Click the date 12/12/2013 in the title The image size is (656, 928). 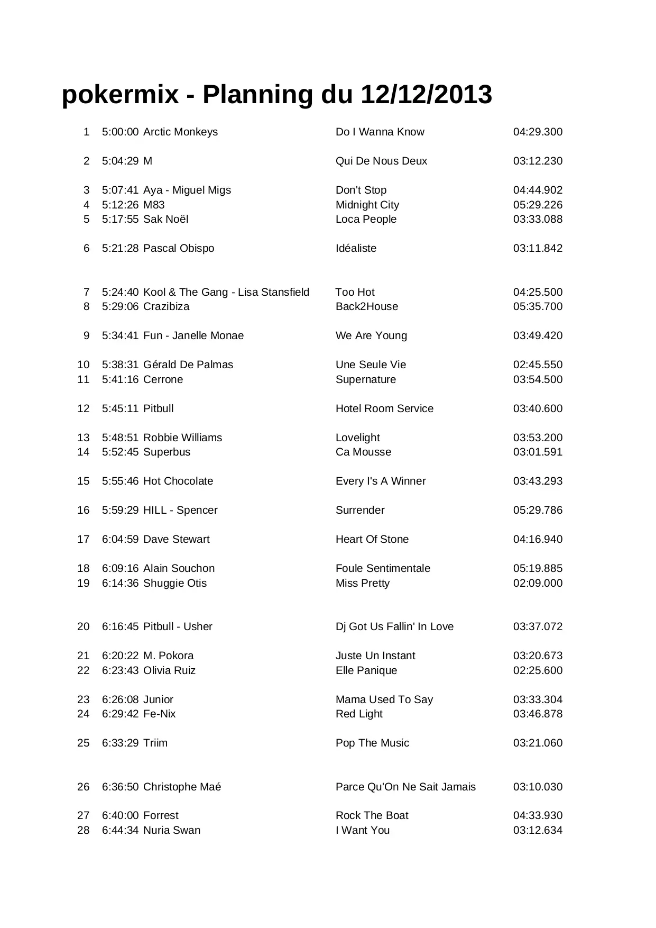pyautogui.click(x=426, y=95)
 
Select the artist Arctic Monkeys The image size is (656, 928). pyautogui.click(x=180, y=132)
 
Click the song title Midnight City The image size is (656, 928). pyautogui.click(x=367, y=205)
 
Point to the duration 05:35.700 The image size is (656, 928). pyautogui.click(x=538, y=306)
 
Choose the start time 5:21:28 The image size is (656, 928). pyautogui.click(x=120, y=248)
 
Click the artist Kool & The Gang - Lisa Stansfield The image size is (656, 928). pyautogui.click(x=226, y=292)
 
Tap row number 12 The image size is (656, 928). pyautogui.click(x=84, y=408)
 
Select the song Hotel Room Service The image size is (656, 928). pyautogui.click(x=384, y=408)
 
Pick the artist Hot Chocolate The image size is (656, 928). pyautogui.click(x=178, y=481)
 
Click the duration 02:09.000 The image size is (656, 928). pyautogui.click(x=538, y=583)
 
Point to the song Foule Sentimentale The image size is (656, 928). pyautogui.click(x=383, y=568)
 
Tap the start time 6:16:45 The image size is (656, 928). pyautogui.click(x=120, y=626)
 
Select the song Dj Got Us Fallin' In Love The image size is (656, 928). pyautogui.click(x=394, y=626)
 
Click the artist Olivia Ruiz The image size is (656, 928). pyautogui.click(x=169, y=670)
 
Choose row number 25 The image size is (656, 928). pyautogui.click(x=84, y=743)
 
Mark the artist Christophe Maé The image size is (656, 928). pyautogui.click(x=182, y=787)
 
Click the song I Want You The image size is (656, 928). pyautogui.click(x=363, y=830)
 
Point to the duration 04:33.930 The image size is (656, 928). pyautogui.click(x=538, y=815)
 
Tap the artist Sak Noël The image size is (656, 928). pyautogui.click(x=165, y=219)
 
